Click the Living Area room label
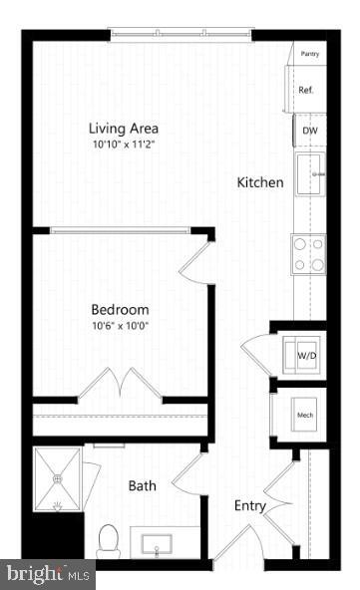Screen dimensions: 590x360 click(124, 129)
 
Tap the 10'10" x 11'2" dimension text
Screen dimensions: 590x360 click(124, 146)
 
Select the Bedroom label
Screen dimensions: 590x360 click(120, 309)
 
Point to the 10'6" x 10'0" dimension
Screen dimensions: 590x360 click(120, 326)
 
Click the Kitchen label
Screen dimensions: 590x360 click(260, 183)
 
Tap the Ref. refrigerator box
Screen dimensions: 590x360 click(306, 91)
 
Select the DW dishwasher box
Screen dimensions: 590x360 click(308, 130)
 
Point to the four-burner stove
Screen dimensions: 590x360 click(308, 253)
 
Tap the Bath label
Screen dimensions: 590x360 click(143, 486)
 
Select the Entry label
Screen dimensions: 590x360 click(249, 506)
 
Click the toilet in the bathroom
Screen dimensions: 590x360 click(109, 539)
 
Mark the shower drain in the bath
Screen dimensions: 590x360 click(59, 478)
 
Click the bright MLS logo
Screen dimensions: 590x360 click(47, 574)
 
